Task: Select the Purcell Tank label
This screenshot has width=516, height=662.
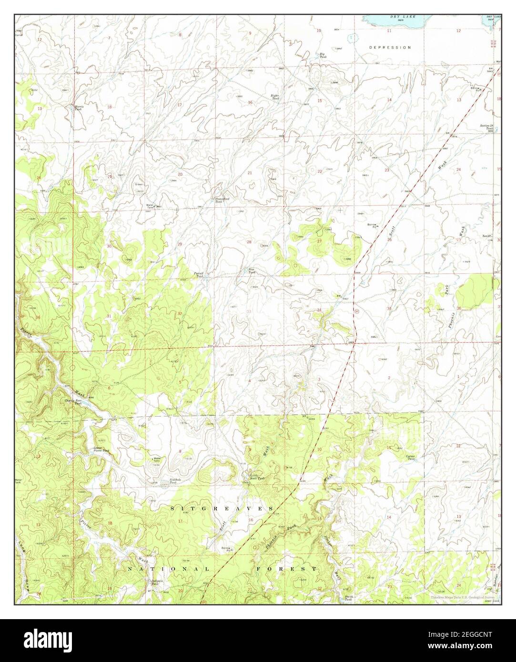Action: point(199,274)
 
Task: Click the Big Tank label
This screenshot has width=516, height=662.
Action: point(323,56)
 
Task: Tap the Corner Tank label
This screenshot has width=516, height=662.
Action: point(410,458)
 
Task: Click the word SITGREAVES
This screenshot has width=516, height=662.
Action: point(222,509)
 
